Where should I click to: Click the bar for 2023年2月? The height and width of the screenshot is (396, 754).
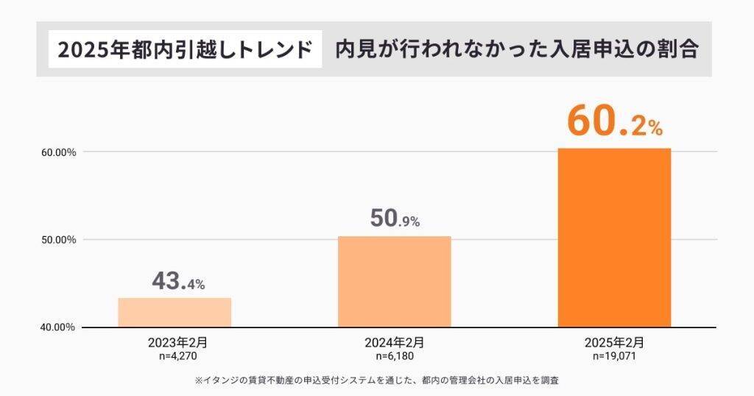click(175, 312)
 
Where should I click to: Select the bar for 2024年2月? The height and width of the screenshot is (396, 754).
click(394, 281)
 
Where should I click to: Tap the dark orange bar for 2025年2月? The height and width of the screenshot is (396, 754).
click(614, 237)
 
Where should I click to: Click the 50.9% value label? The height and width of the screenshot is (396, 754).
click(394, 219)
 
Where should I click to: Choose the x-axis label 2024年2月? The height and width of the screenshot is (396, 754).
click(394, 342)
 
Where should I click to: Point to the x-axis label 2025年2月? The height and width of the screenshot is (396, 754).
click(614, 342)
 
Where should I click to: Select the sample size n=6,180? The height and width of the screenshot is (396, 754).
click(394, 356)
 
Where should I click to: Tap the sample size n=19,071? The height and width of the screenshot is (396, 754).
click(614, 356)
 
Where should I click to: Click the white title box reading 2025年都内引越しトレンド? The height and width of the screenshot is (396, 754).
click(185, 50)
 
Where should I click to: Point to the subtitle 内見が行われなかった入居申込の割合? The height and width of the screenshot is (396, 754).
click(516, 50)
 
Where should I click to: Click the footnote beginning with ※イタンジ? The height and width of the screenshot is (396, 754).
click(378, 381)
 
